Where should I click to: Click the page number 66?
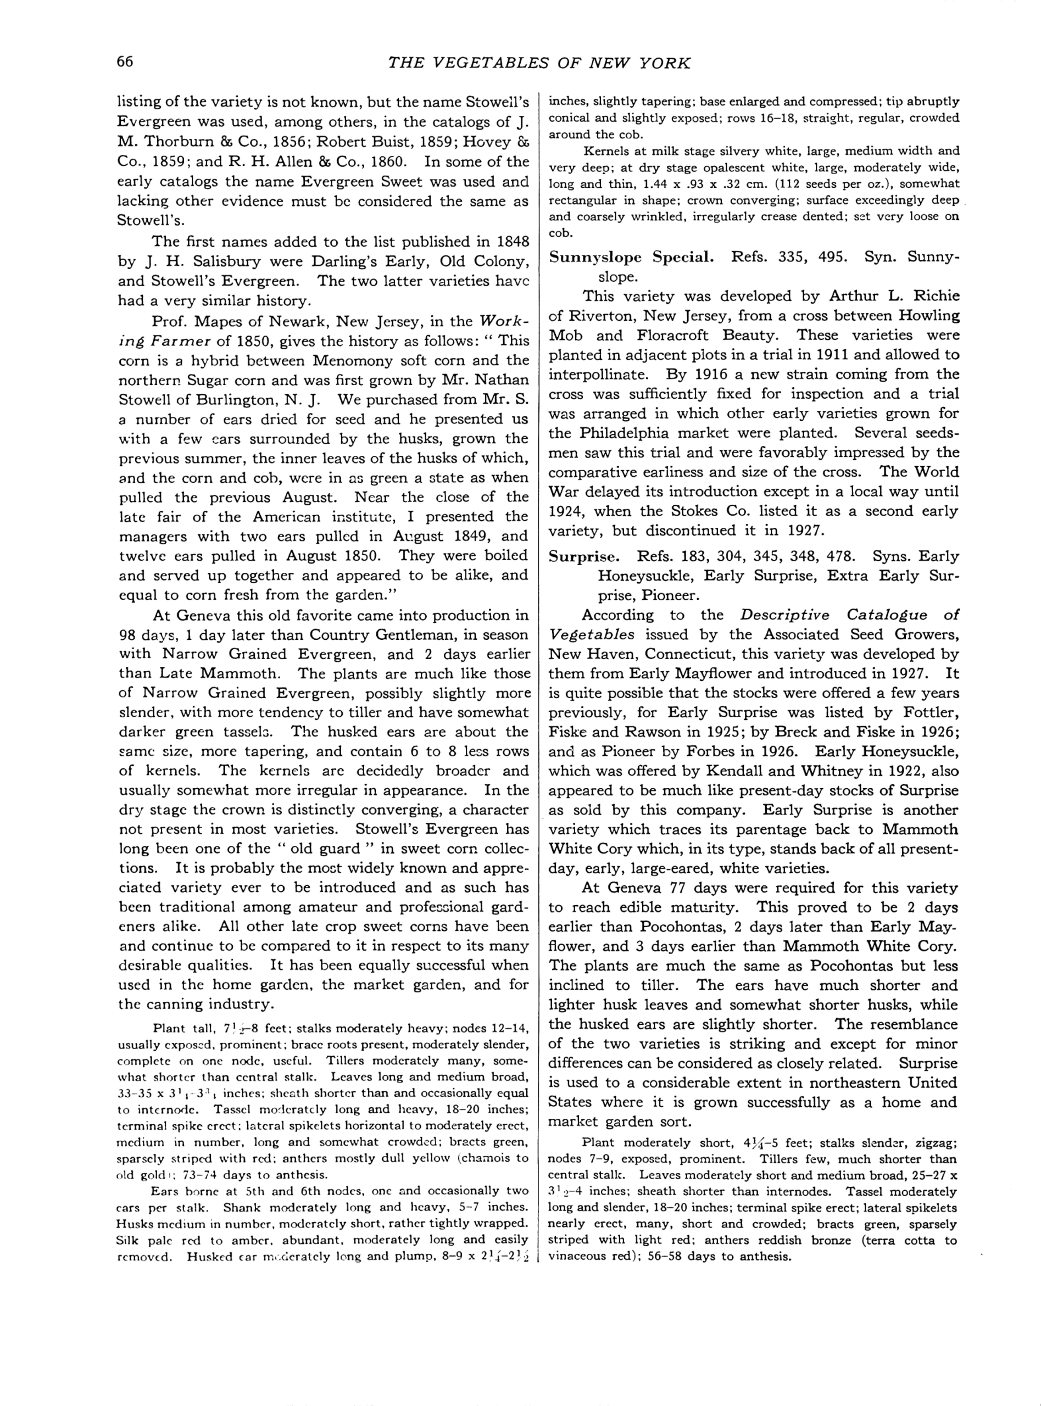coord(125,62)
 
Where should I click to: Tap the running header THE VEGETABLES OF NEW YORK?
coord(539,63)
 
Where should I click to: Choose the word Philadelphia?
coord(651,433)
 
